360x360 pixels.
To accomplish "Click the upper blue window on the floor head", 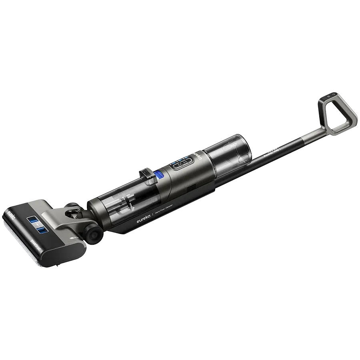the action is pyautogui.click(x=32, y=219).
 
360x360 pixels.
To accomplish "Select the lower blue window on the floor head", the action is pyautogui.click(x=40, y=230).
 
